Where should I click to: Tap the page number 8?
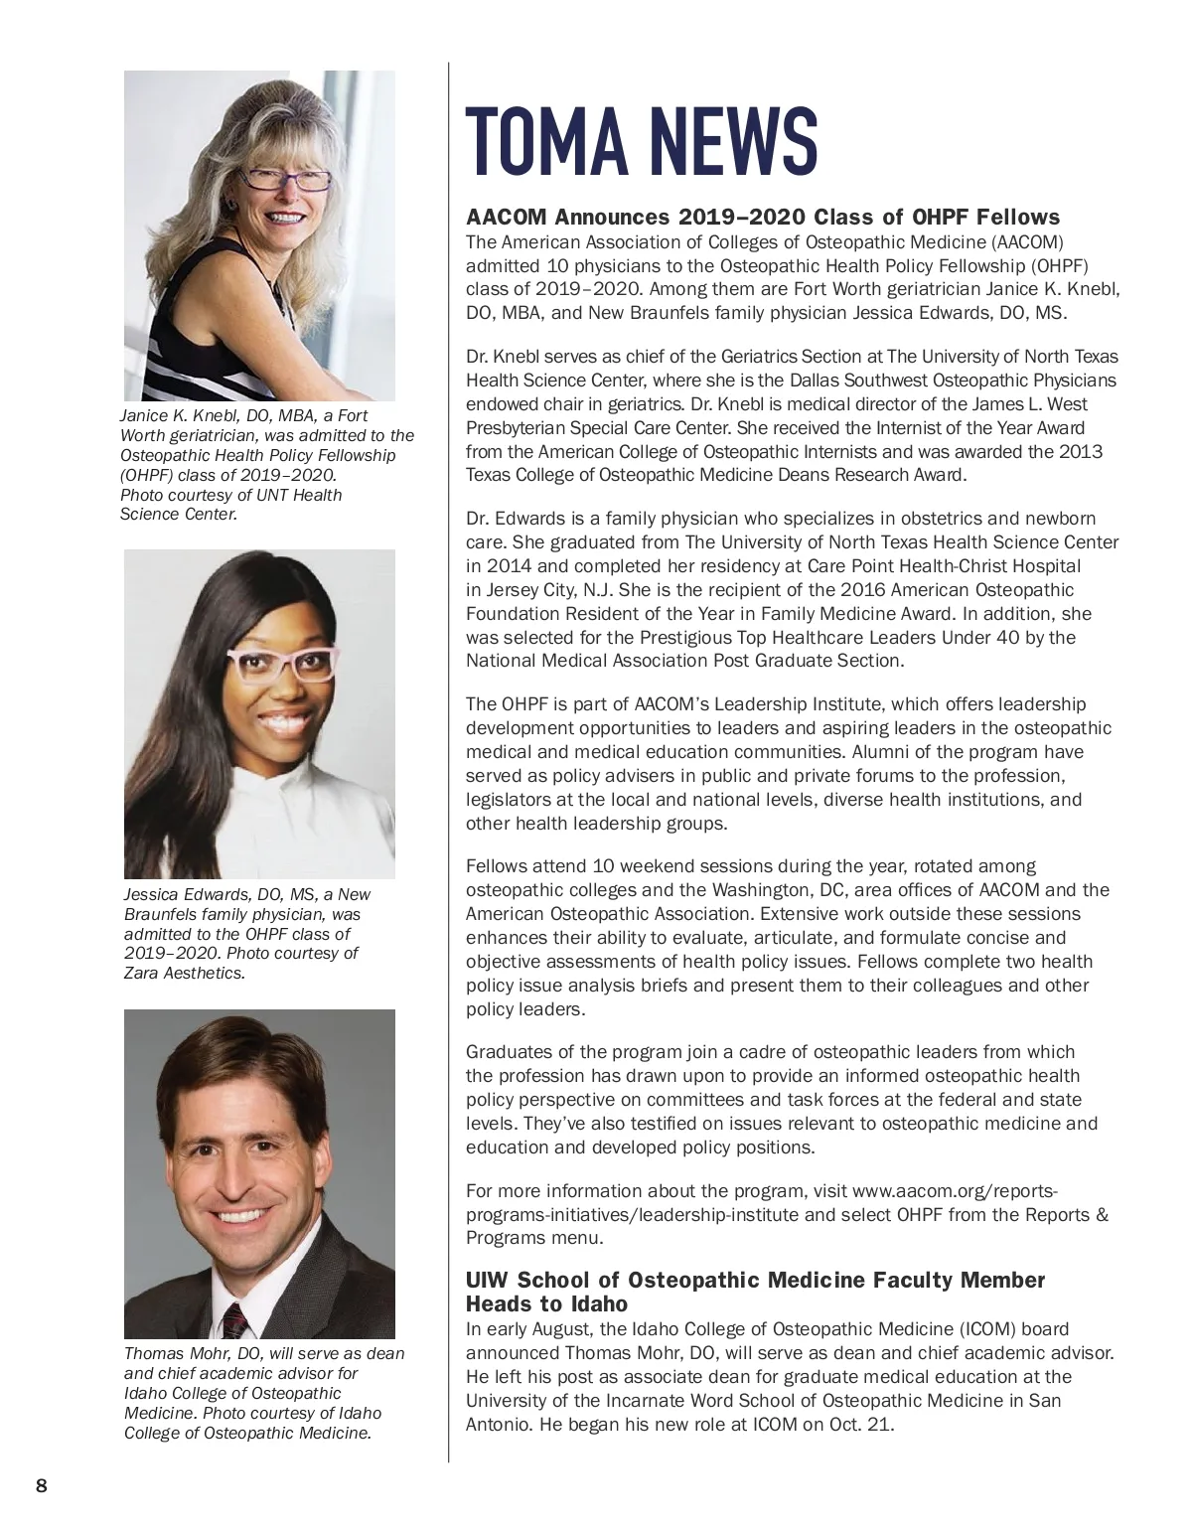[x=41, y=1486]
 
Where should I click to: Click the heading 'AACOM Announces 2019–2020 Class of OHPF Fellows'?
[x=763, y=218]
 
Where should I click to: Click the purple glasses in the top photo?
[x=286, y=180]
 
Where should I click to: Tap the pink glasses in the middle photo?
[x=285, y=664]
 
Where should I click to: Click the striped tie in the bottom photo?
[x=234, y=1322]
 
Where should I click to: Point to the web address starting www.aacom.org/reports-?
[x=955, y=1191]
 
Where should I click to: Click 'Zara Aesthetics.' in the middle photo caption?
[x=184, y=973]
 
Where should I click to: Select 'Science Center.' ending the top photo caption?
[x=179, y=514]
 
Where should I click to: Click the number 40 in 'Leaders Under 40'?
[x=1005, y=638]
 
